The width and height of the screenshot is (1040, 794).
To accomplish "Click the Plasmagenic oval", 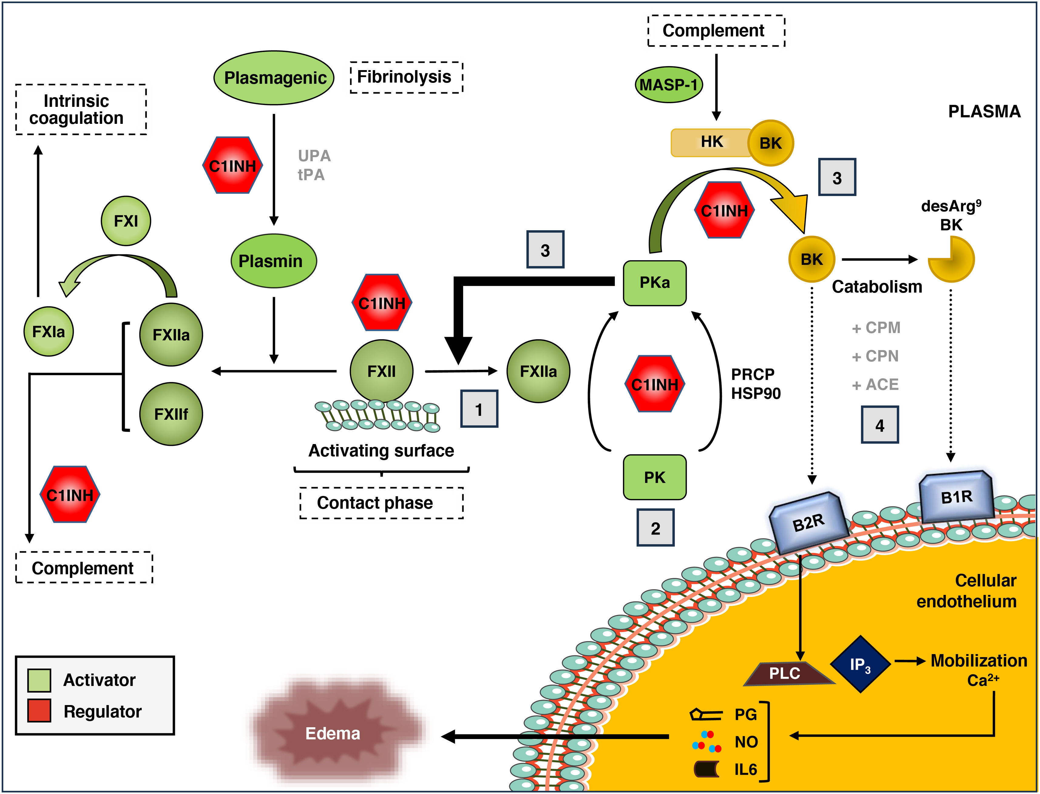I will pyautogui.click(x=274, y=77).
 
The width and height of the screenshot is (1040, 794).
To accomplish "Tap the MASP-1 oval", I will pyautogui.click(x=669, y=85).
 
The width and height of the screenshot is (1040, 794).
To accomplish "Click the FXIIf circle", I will pyautogui.click(x=171, y=414).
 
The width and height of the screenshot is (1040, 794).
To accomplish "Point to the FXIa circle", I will pyautogui.click(x=49, y=331).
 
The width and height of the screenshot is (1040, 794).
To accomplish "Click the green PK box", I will pyautogui.click(x=654, y=477).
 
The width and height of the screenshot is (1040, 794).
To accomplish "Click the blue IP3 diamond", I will pyautogui.click(x=860, y=664).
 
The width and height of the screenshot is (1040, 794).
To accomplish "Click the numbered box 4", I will pyautogui.click(x=879, y=425).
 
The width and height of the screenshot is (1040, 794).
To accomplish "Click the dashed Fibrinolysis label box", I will pyautogui.click(x=406, y=77).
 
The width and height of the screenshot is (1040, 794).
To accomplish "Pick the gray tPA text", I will pyautogui.click(x=311, y=175).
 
